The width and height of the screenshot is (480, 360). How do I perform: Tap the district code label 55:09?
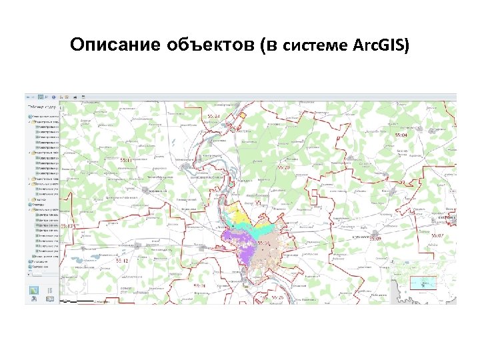tap(374, 238)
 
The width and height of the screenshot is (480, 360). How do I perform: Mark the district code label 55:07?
tap(437, 235)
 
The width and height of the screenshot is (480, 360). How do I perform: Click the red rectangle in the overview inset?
tap(421, 283)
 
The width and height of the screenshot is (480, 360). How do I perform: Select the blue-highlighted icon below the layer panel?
tap(34, 290)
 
